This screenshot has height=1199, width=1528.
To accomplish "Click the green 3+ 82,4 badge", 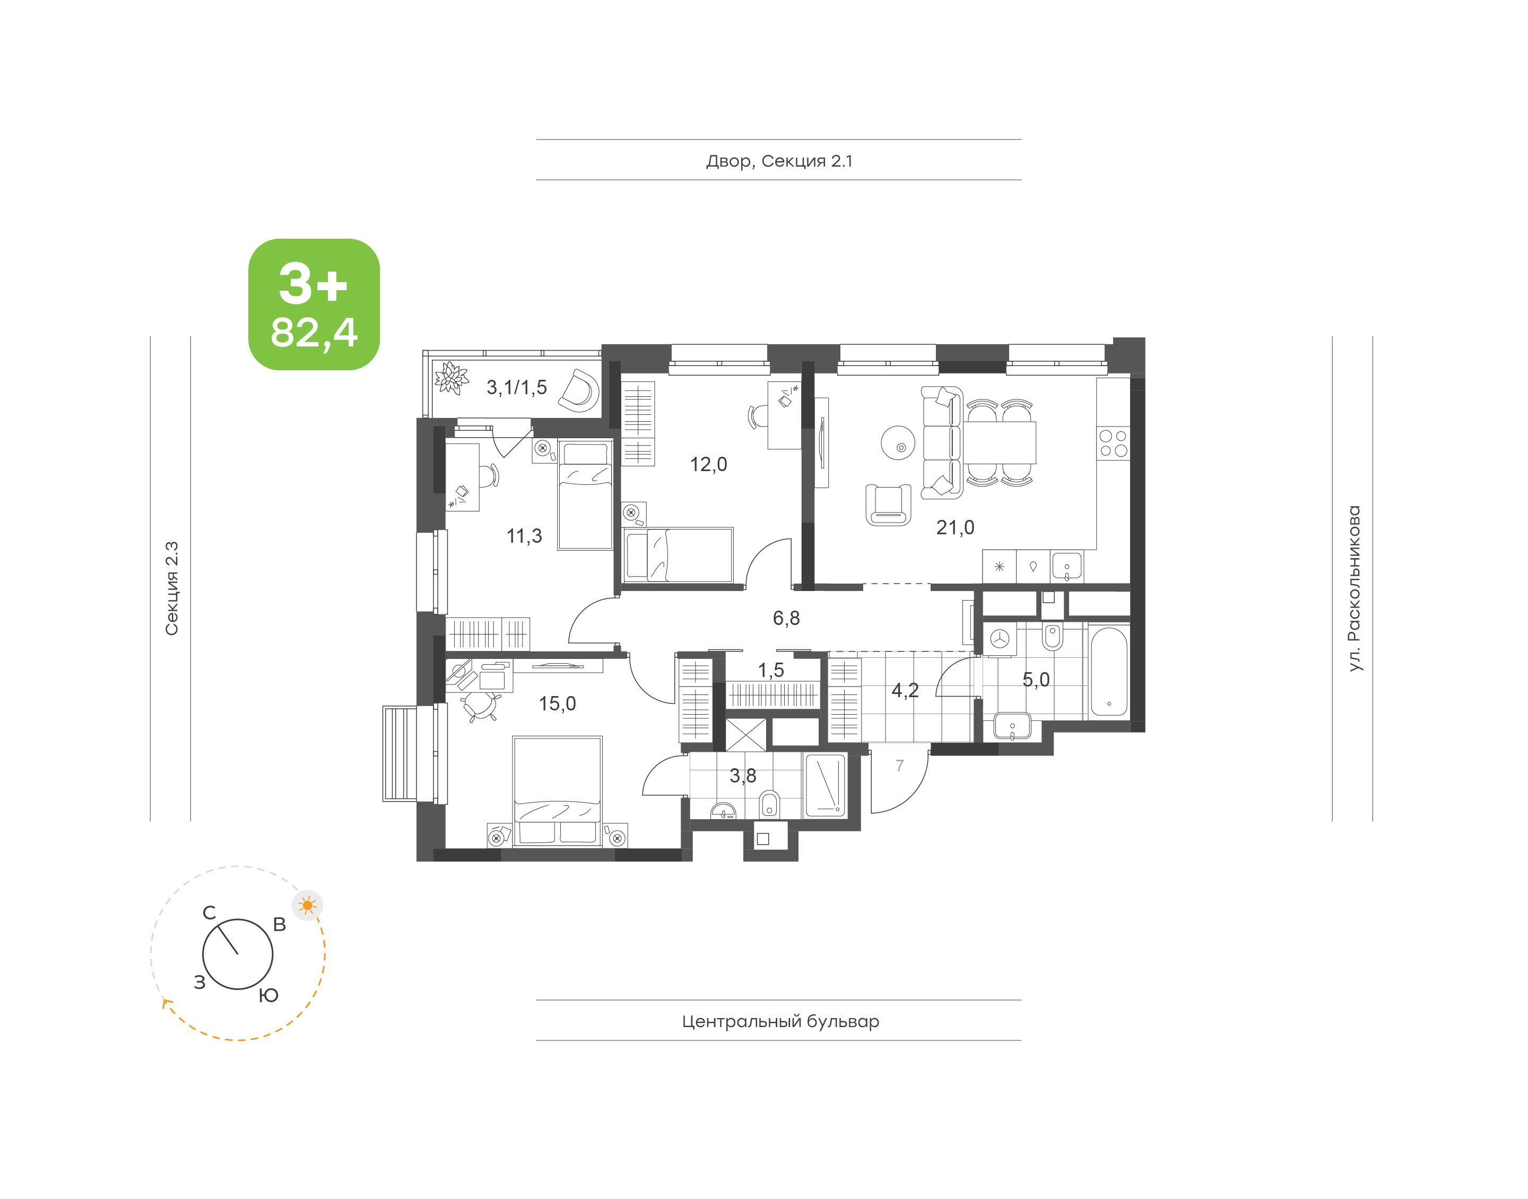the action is click(314, 304).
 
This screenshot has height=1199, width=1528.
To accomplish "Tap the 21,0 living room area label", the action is click(954, 527).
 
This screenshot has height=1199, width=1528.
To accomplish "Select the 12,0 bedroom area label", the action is click(708, 464).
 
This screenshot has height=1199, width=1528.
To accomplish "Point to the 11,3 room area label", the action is click(524, 536).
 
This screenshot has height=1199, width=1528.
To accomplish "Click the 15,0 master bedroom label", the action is click(557, 703).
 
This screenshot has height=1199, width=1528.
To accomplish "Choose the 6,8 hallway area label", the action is click(786, 618).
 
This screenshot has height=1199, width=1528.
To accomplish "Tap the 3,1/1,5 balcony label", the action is click(517, 387).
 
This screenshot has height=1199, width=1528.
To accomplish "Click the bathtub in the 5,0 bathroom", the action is click(1109, 672).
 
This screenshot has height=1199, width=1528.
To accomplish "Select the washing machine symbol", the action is click(1000, 639).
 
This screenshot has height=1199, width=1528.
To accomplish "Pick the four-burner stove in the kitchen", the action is click(1113, 444).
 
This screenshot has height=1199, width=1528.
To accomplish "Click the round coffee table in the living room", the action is click(898, 444).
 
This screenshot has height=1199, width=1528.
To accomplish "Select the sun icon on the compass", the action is click(307, 906).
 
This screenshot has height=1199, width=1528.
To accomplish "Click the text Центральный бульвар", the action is click(780, 1021).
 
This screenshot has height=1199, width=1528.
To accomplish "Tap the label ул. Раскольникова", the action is click(1354, 588).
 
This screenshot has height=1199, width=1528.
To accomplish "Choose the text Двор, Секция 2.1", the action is click(779, 161).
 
